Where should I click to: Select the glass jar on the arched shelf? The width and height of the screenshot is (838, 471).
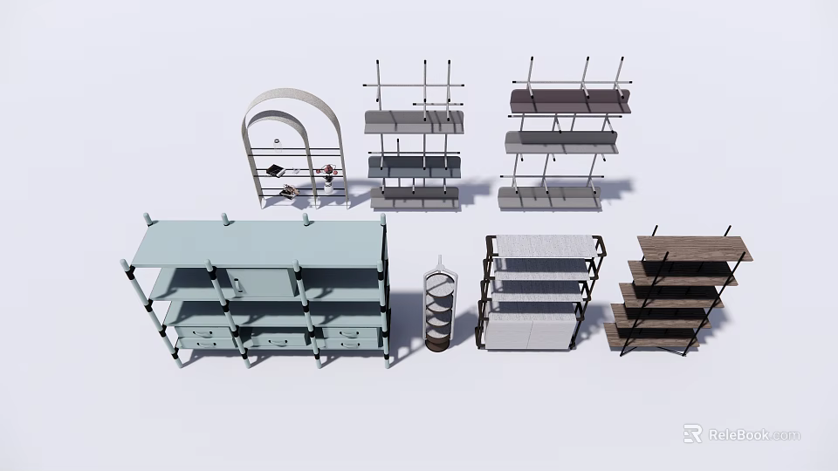pyautogui.click(x=278, y=141)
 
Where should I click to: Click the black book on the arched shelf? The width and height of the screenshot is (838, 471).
pyautogui.click(x=275, y=169)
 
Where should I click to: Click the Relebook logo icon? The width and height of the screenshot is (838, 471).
pyautogui.click(x=692, y=433)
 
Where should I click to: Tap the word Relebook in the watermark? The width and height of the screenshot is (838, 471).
pyautogui.click(x=738, y=434)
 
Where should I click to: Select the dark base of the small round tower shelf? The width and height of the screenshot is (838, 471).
pyautogui.click(x=439, y=345)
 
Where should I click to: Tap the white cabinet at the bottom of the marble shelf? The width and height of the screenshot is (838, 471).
pyautogui.click(x=529, y=333)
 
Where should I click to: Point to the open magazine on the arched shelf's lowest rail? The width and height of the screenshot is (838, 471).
pyautogui.click(x=290, y=189)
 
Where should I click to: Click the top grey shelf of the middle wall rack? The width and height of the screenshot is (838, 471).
pyautogui.click(x=413, y=121)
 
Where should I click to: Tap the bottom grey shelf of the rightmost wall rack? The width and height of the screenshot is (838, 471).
pyautogui.click(x=550, y=198)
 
